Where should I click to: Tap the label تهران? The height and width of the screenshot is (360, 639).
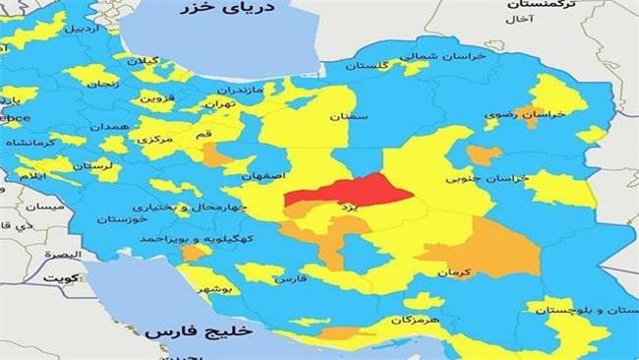pos(218,101)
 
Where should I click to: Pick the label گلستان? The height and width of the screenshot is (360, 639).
pos(368,64)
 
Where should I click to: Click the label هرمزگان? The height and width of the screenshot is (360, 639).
pos(391,321)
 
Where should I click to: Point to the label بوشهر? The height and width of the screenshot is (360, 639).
pos(217,290)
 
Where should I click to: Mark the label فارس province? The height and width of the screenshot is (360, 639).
pos(295,278)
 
